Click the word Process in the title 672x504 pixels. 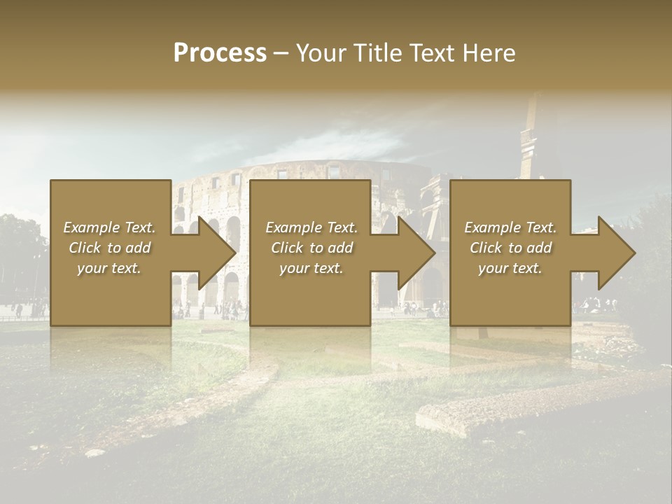coord(220,53)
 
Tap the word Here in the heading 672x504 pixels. coord(490,53)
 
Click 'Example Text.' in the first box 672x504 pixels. coord(109,227)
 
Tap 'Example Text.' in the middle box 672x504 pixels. coord(311,227)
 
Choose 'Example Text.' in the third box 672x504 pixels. coord(510,227)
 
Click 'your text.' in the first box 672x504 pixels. coord(109,268)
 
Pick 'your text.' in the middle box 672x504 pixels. coord(311,268)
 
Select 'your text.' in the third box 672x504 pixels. coord(510,268)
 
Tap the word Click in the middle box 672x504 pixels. coord(287,248)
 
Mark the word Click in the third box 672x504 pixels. coord(486,248)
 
